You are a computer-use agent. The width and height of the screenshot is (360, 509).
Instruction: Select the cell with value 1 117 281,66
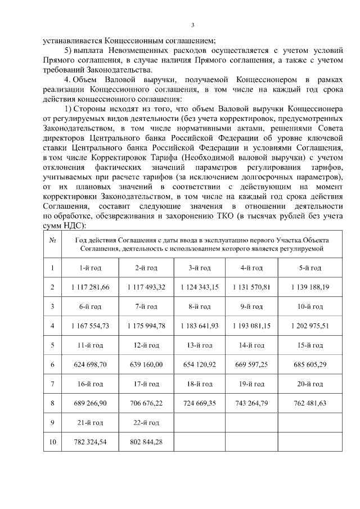[90, 287]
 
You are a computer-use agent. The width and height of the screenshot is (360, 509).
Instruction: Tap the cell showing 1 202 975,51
[310, 326]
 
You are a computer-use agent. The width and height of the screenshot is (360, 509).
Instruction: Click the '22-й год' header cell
[146, 422]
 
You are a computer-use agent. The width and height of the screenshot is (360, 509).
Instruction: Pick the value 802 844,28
[146, 442]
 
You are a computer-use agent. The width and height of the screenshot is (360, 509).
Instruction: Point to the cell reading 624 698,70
[90, 364]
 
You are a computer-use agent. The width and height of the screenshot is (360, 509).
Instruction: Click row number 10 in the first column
[52, 442]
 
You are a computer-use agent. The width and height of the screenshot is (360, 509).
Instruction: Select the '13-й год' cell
[200, 345]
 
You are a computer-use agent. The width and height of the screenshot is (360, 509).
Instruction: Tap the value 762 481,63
[310, 403]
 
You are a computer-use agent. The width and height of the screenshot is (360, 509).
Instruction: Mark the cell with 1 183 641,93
[200, 326]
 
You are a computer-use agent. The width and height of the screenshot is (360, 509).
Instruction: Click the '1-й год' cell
[90, 268]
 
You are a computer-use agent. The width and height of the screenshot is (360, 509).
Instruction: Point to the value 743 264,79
[251, 403]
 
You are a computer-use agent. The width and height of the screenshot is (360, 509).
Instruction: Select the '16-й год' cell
[90, 384]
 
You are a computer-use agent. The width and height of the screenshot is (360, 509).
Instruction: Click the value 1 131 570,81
[251, 287]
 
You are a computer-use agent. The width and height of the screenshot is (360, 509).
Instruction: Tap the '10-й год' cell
[310, 307]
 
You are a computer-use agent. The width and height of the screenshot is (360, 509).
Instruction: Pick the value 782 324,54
[90, 442]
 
